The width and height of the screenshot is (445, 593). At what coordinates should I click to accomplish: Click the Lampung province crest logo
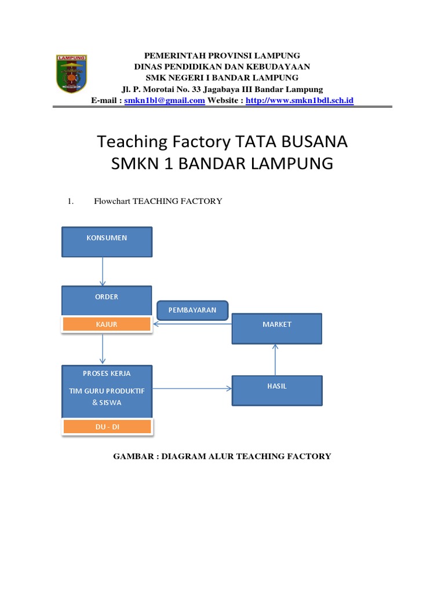click(71, 74)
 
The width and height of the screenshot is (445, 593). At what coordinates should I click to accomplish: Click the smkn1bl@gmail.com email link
click(165, 100)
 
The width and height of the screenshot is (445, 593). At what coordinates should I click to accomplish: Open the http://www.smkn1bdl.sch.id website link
click(300, 100)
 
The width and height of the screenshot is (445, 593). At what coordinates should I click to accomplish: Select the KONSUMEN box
click(107, 241)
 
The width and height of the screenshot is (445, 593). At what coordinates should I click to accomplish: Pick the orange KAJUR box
click(107, 324)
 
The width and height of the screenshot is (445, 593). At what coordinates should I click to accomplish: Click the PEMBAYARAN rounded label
click(192, 310)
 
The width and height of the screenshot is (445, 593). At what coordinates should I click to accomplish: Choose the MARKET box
click(276, 328)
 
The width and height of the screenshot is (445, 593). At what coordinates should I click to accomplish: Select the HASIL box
click(276, 390)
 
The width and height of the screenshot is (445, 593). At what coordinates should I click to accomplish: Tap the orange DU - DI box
click(107, 427)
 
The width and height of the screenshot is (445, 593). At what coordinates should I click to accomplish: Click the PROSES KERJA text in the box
click(107, 374)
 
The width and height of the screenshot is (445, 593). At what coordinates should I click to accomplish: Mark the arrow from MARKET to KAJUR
click(192, 324)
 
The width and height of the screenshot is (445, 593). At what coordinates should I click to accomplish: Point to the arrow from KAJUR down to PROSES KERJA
click(103, 349)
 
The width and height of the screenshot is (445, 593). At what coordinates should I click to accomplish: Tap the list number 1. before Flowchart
click(71, 201)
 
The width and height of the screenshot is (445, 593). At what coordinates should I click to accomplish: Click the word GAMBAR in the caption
click(133, 456)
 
